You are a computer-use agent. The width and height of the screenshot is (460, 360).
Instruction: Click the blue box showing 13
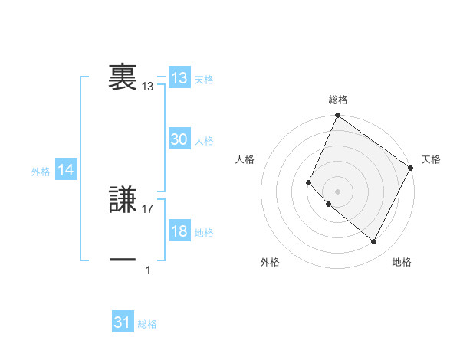pos(179,78)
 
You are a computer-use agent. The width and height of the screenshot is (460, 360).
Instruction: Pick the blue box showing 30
pos(179,139)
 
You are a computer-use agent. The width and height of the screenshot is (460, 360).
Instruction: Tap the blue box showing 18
pos(179,232)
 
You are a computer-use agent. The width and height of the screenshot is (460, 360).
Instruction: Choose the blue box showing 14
pos(66,171)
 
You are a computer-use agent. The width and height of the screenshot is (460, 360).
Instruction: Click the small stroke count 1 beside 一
pos(148,270)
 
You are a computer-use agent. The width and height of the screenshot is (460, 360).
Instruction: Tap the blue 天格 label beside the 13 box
pos(204,80)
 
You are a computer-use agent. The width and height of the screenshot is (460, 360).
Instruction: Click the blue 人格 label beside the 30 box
pos(204,141)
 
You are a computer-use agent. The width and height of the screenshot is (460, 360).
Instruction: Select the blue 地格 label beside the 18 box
pos(204,233)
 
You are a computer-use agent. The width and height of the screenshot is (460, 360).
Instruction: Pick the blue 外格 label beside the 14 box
pos(41,172)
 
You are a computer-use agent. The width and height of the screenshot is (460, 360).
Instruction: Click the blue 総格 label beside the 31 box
pos(147,324)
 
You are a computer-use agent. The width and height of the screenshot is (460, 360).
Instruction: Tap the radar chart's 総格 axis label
pos(337,100)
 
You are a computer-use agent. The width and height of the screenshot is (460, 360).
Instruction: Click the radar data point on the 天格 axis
pos(410,168)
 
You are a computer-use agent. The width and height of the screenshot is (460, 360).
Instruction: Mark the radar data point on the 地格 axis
pos(374,242)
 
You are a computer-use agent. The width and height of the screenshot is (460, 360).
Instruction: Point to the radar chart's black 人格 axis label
pos(245,159)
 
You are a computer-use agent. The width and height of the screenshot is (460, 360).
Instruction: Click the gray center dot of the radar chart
pos(337,191)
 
